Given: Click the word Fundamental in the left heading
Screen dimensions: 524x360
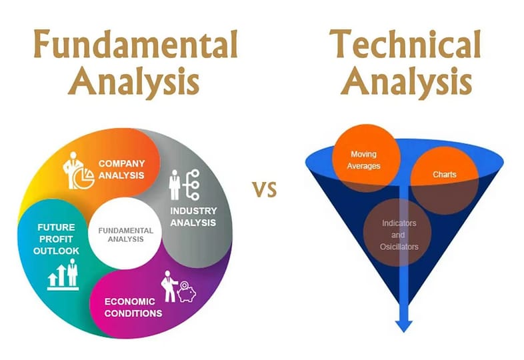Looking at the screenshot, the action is pyautogui.click(x=136, y=44).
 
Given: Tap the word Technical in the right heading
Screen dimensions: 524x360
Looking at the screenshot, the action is pyautogui.click(x=405, y=44).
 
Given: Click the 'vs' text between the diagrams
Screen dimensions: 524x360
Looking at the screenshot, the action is pyautogui.click(x=265, y=189).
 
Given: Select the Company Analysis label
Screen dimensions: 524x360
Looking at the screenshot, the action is pyautogui.click(x=121, y=169).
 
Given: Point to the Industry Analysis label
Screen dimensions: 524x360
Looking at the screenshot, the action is pyautogui.click(x=193, y=217).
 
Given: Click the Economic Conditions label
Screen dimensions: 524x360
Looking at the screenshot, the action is pyautogui.click(x=133, y=307).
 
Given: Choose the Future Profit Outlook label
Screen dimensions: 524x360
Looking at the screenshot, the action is pyautogui.click(x=56, y=239).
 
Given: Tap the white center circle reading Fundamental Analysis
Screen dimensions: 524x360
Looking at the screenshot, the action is pyautogui.click(x=125, y=233).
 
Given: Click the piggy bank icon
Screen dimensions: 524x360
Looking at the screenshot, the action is pyautogui.click(x=187, y=292).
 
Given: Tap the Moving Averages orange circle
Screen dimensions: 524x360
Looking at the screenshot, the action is pyautogui.click(x=366, y=159).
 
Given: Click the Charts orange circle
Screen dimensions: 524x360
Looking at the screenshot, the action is pyautogui.click(x=444, y=181).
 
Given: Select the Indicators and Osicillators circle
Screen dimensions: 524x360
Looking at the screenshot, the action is pyautogui.click(x=397, y=232).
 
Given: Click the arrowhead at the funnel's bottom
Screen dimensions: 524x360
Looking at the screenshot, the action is pyautogui.click(x=404, y=325).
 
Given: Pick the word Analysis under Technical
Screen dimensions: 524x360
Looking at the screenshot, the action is pyautogui.click(x=407, y=81).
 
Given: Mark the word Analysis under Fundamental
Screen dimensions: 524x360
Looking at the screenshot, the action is pyautogui.click(x=134, y=81).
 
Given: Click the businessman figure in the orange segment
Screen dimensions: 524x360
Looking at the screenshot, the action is pyautogui.click(x=73, y=170).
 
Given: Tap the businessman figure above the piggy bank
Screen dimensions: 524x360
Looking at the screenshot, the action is pyautogui.click(x=169, y=287).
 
